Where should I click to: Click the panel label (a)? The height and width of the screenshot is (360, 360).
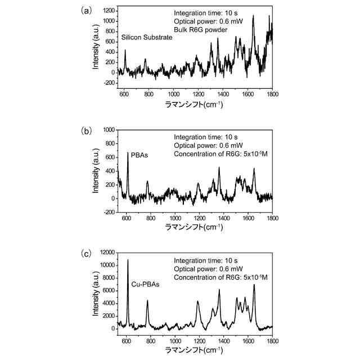(x=86, y=10)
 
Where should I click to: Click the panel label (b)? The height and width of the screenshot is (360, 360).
(x=86, y=131)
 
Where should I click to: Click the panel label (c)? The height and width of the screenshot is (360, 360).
(x=86, y=253)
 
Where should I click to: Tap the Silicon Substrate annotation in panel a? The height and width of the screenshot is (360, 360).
(x=146, y=38)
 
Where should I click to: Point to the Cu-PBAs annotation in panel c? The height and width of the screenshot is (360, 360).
(x=145, y=285)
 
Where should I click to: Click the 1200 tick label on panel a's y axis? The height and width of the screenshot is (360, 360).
(x=109, y=11)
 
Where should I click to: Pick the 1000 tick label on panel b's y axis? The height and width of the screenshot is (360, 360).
(x=109, y=129)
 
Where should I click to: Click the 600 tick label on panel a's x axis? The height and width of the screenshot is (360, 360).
(x=124, y=93)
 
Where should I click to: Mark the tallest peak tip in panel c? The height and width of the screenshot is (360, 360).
(x=128, y=260)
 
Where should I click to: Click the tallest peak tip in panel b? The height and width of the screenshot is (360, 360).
(x=128, y=152)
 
